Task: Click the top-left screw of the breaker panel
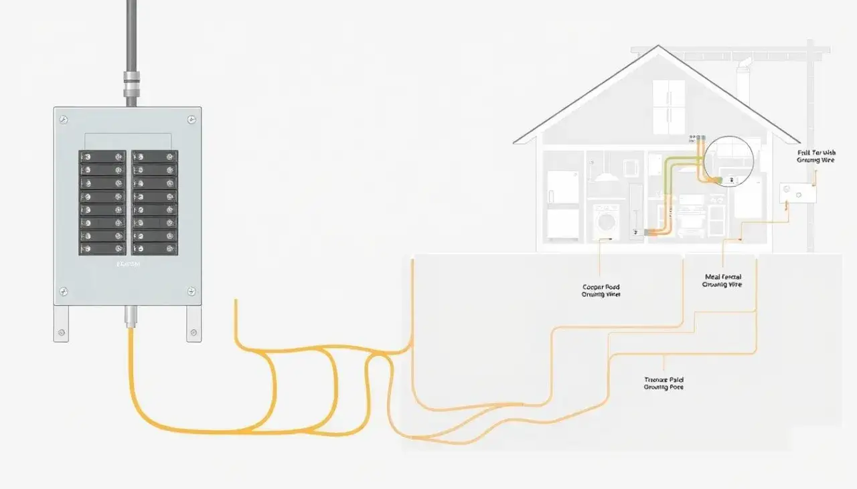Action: click(64, 120)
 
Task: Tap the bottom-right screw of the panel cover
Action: click(191, 292)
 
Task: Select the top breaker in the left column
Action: click(102, 157)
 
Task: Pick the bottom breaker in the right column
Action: click(155, 249)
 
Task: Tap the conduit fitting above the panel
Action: click(131, 86)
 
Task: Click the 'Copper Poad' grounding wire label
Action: click(601, 291)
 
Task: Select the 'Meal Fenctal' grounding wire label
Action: click(722, 280)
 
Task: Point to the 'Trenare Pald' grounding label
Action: click(664, 383)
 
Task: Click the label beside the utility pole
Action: click(815, 157)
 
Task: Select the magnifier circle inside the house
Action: click(728, 161)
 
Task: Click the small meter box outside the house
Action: click(797, 193)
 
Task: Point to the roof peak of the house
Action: click(658, 48)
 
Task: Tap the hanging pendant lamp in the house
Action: click(606, 175)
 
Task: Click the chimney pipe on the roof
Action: click(743, 77)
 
